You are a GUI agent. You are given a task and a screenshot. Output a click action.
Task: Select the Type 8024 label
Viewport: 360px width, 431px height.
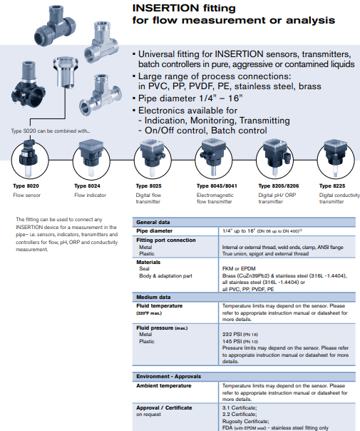pyautogui.click(x=87, y=186)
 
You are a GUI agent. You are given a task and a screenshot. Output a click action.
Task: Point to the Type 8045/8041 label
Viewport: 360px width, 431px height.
pyautogui.click(x=217, y=186)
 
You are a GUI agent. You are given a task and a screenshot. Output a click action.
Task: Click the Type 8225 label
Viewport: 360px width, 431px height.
pyautogui.click(x=332, y=186)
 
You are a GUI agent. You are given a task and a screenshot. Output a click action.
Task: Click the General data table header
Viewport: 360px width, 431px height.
pyautogui.click(x=153, y=222)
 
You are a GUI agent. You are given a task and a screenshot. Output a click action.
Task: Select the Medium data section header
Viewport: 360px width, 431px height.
pyautogui.click(x=153, y=297)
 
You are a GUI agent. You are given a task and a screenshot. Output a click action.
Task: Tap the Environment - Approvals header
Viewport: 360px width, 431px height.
pyautogui.click(x=169, y=376)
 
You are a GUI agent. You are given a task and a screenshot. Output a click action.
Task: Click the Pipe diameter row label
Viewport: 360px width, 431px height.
pyautogui.click(x=154, y=231)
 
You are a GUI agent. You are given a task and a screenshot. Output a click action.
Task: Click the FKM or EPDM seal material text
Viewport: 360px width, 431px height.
pyautogui.click(x=239, y=268)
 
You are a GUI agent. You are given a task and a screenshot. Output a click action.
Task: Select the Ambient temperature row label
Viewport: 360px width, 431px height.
pyautogui.click(x=164, y=385)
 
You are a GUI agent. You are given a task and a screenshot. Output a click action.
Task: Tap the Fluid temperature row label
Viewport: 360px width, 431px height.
pyautogui.click(x=159, y=305)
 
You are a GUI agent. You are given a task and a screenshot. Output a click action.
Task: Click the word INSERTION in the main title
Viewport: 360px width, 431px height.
pyautogui.click(x=165, y=8)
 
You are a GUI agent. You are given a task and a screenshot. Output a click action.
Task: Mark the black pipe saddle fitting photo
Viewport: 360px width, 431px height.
pyautogui.click(x=29, y=85)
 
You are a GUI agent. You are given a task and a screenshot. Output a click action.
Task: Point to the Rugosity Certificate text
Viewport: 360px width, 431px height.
pyautogui.click(x=245, y=422)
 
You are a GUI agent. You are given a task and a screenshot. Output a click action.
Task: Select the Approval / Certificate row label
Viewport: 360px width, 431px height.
pyautogui.click(x=164, y=407)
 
